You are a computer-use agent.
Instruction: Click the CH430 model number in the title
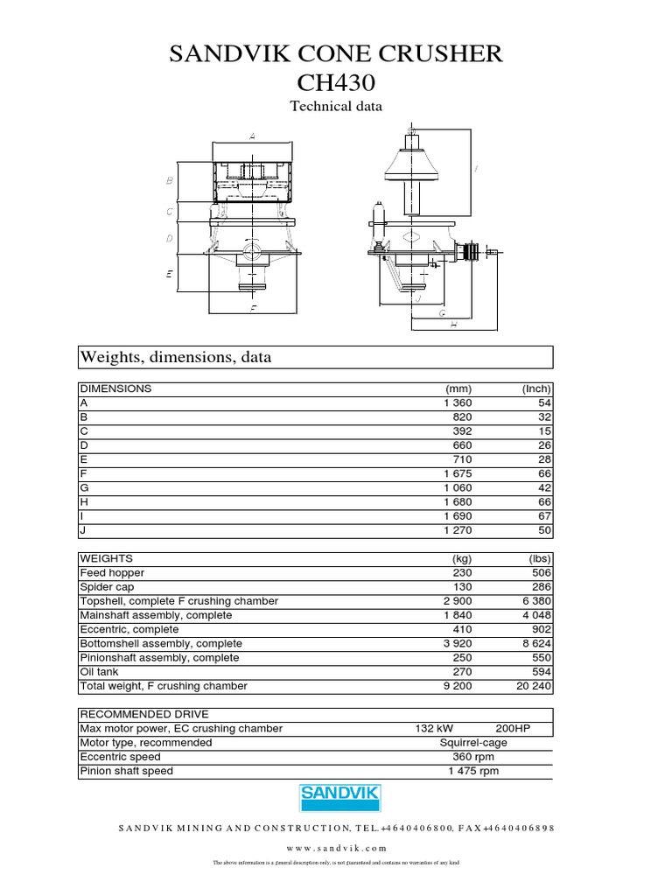pos(335,83)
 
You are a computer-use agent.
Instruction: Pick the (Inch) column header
pos(535,388)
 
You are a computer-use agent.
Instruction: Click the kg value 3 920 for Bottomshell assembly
pos(457,643)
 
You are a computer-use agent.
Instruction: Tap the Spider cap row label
pos(106,587)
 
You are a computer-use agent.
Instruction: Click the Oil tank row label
pos(100,672)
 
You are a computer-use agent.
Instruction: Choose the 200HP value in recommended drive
pos(513,728)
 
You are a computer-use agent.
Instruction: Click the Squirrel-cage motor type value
pos(474,743)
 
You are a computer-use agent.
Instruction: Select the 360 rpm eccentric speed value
pos(474,757)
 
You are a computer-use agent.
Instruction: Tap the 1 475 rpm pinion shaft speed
pos(473,771)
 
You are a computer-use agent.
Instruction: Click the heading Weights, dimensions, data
pos(176,357)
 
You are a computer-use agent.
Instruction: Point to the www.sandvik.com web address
pos(335,848)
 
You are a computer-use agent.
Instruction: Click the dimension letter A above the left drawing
pos(252,136)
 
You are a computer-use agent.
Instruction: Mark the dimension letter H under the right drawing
pos(454,325)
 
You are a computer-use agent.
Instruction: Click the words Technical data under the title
pos(335,107)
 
